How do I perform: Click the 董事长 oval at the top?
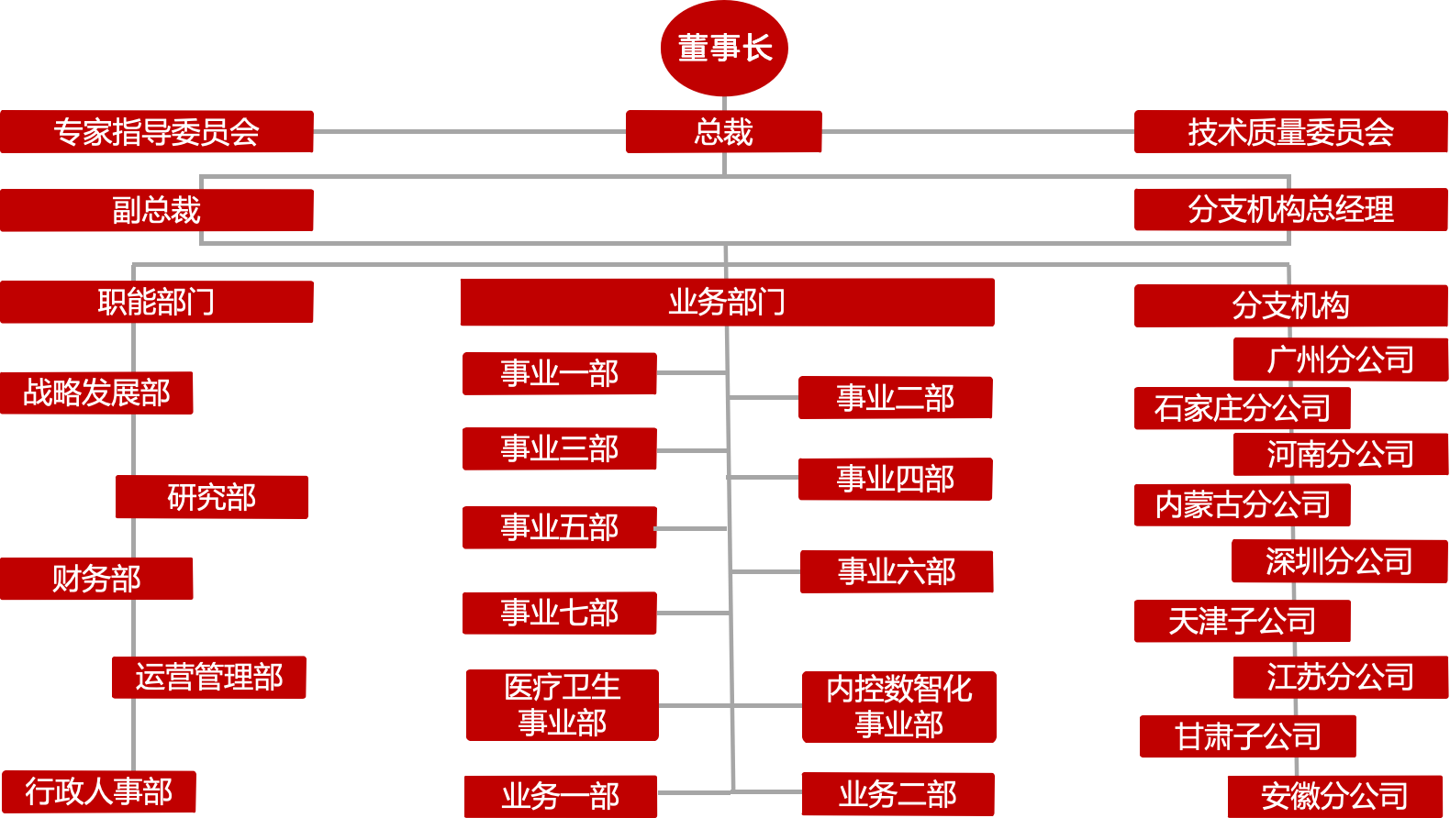click(x=724, y=49)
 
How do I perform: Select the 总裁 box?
click(x=723, y=131)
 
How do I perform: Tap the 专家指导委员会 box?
click(x=156, y=131)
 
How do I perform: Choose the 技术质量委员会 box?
click(x=1290, y=131)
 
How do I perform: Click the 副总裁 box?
click(x=156, y=210)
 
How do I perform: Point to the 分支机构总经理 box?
click(x=1290, y=209)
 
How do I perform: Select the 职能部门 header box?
click(x=156, y=302)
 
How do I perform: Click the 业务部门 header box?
click(x=727, y=302)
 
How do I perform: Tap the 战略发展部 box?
click(x=96, y=392)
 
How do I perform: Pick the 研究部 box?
click(x=211, y=497)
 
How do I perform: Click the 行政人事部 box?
click(x=98, y=791)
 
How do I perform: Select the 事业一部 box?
click(x=559, y=373)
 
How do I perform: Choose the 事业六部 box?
click(x=897, y=571)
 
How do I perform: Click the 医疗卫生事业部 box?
click(x=562, y=704)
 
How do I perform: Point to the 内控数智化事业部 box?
click(x=898, y=706)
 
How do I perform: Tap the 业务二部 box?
click(x=898, y=794)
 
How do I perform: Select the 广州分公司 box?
click(x=1340, y=359)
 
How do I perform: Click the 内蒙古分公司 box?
click(x=1242, y=504)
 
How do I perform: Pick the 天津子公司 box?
click(x=1242, y=621)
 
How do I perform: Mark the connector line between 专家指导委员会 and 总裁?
click(x=469, y=131)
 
